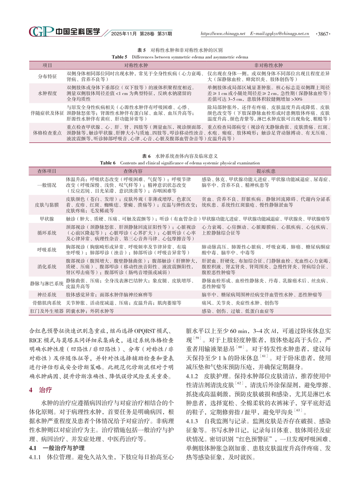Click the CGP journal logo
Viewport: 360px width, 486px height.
click(41, 32)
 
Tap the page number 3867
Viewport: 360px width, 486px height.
click(323, 34)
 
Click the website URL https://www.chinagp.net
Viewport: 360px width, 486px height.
click(223, 33)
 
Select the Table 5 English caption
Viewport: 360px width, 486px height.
click(180, 57)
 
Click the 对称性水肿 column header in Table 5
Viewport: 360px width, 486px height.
click(136, 65)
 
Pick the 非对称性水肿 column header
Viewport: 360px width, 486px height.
click(268, 65)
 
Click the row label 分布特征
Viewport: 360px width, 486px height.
click(47, 77)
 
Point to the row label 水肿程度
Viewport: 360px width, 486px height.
click(47, 94)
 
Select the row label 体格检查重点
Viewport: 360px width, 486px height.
click(47, 133)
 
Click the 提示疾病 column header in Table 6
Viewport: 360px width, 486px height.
click(266, 171)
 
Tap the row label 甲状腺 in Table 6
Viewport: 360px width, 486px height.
click(47, 219)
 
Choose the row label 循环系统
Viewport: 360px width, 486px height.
click(47, 233)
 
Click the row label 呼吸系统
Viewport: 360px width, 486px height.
click(47, 250)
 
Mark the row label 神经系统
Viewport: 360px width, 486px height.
click(47, 295)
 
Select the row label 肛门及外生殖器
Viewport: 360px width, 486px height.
click(47, 311)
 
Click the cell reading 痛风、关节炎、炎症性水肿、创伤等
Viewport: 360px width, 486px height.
click(240, 303)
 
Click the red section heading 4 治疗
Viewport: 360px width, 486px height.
click(41, 390)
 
